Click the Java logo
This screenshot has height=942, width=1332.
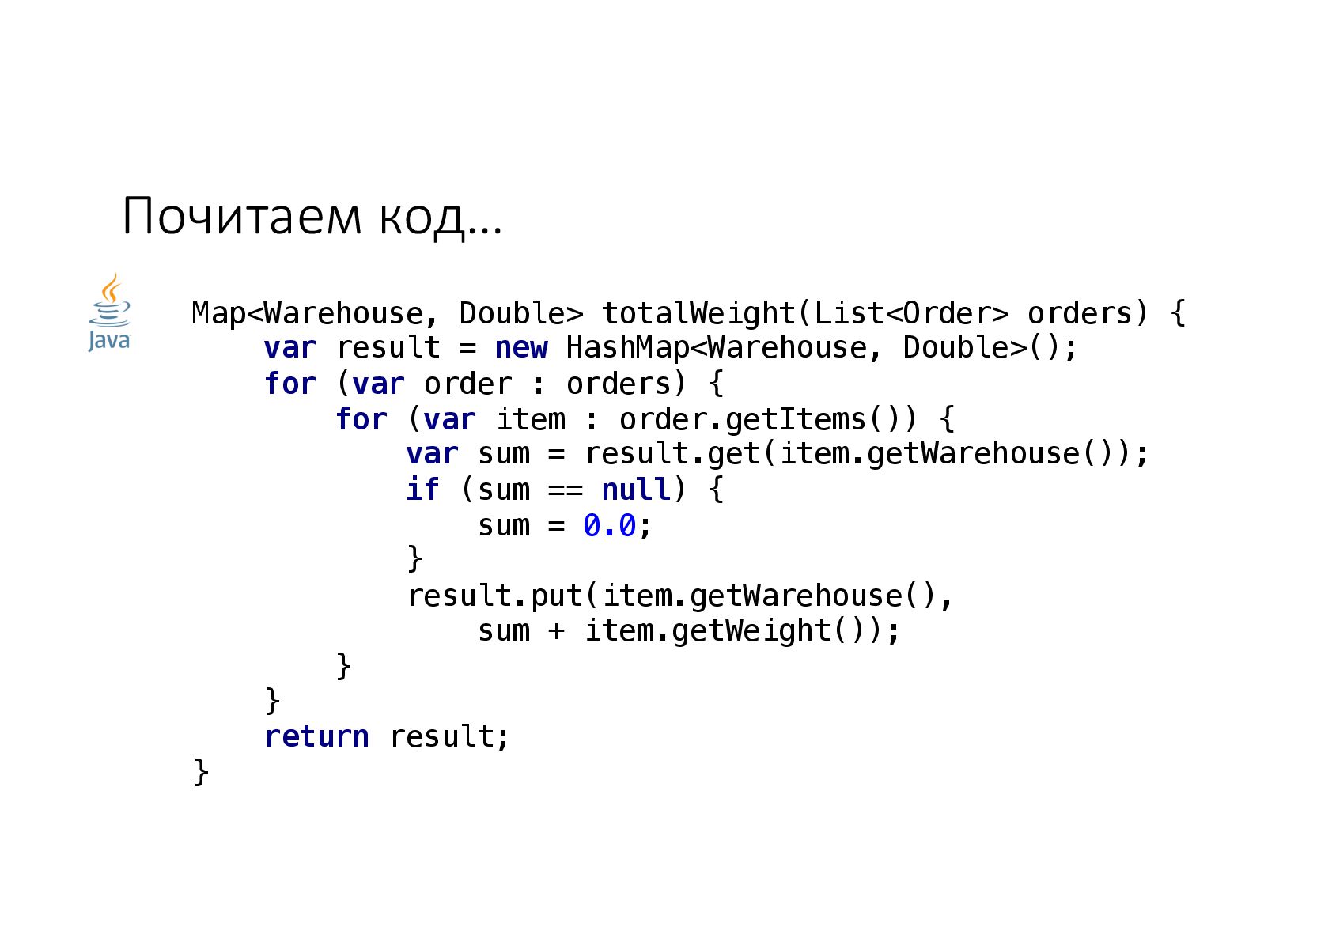pyautogui.click(x=109, y=313)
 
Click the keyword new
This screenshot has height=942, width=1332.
pyautogui.click(x=521, y=348)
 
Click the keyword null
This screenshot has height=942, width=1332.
pyautogui.click(x=636, y=490)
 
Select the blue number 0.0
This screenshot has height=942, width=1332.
pyautogui.click(x=609, y=525)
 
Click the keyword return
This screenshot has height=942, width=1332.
pyautogui.click(x=316, y=736)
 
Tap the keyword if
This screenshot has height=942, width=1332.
pyautogui.click(x=422, y=490)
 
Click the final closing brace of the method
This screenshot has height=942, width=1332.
pyautogui.click(x=201, y=771)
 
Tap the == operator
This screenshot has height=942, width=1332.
pyautogui.click(x=566, y=490)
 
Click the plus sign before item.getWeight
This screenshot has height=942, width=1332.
pyautogui.click(x=557, y=630)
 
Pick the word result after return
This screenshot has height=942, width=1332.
pyautogui.click(x=441, y=736)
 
